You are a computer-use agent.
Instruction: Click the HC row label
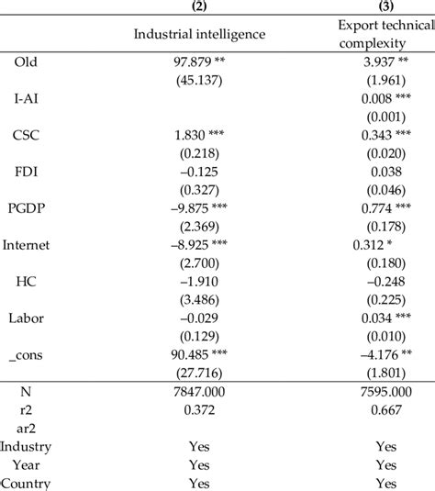pyautogui.click(x=26, y=282)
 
